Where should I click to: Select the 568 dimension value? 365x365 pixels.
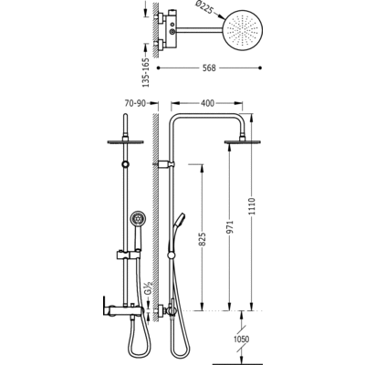tap(209, 68)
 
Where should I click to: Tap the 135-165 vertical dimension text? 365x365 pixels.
tap(147, 72)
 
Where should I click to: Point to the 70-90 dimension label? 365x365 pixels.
tap(135, 103)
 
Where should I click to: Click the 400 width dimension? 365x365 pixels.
tap(207, 103)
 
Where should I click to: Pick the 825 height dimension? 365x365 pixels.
tap(203, 239)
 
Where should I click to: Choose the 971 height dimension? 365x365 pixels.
tap(230, 227)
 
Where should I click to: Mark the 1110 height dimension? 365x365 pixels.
tap(252, 206)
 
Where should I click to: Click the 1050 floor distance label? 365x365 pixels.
tap(242, 339)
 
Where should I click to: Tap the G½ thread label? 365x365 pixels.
tap(148, 287)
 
